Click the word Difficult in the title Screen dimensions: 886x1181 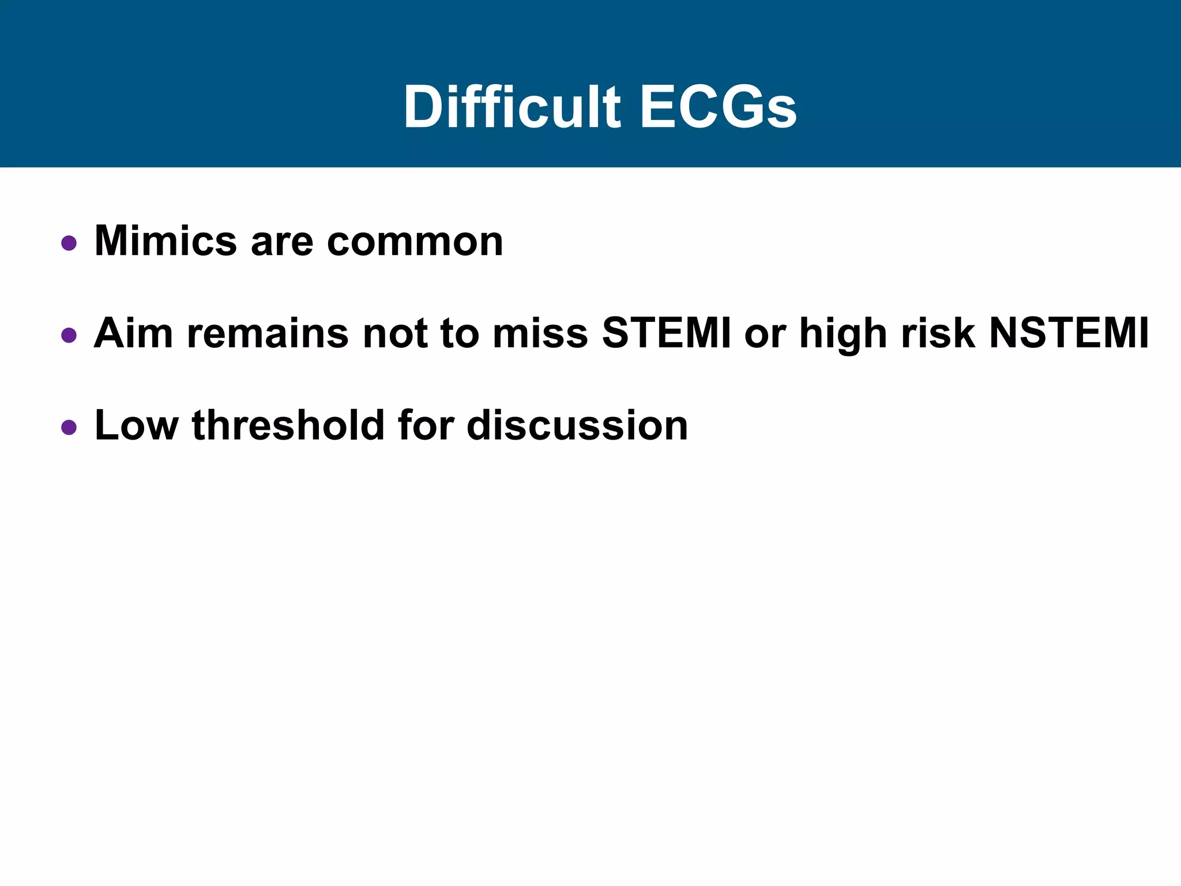[511, 108]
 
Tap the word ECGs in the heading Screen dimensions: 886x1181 [718, 108]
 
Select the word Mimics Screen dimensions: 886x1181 [166, 241]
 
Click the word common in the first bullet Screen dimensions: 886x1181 [415, 242]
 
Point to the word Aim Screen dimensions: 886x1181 [133, 333]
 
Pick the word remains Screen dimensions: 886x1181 [268, 333]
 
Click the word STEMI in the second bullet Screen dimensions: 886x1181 [666, 333]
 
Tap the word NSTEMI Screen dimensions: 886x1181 [1069, 333]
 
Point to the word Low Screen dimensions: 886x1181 [137, 426]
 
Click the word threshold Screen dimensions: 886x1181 [288, 426]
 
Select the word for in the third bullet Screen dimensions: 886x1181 [425, 426]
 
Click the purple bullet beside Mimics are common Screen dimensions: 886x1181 [69, 243]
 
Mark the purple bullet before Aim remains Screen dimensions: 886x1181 [69, 335]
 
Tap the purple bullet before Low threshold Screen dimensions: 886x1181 [69, 427]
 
